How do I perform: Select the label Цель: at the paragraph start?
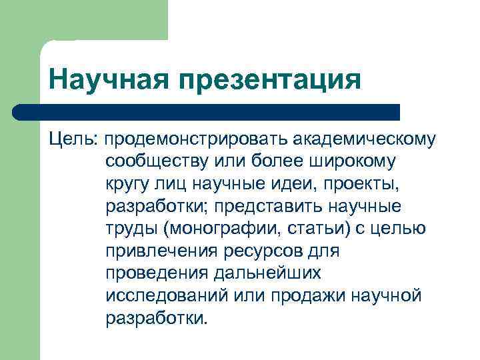tap(74, 139)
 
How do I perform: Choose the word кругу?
tap(129, 183)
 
